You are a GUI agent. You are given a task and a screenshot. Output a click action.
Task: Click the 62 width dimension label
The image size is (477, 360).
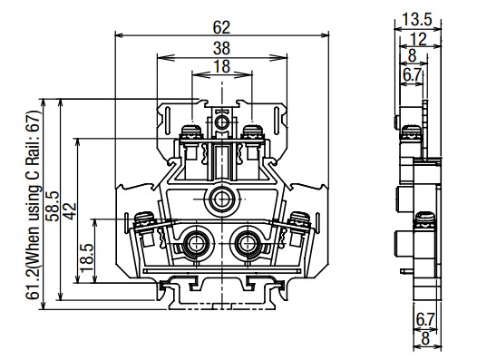click(221, 28)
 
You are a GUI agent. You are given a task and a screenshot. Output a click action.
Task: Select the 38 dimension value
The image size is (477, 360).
click(221, 48)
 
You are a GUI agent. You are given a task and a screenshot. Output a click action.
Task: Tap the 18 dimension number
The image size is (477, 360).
click(221, 66)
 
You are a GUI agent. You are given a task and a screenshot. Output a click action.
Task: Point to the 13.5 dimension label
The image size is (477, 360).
click(417, 20)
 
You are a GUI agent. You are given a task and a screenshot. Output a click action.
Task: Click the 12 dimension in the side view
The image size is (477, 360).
click(418, 39)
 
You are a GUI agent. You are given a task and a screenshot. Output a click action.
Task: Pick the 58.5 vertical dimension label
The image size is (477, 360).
click(53, 206)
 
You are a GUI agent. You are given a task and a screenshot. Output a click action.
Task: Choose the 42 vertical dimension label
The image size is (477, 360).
click(70, 211)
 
